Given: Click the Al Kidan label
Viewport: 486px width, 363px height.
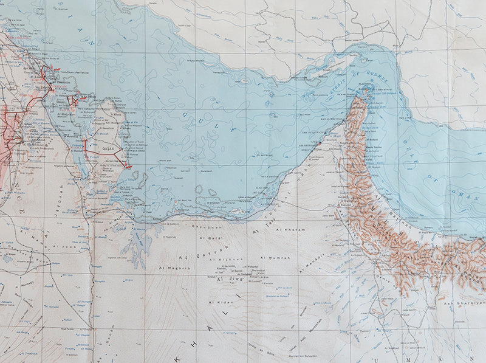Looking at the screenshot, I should click(x=217, y=302).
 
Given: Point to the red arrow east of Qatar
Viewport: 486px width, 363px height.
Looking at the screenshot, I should click(x=128, y=166).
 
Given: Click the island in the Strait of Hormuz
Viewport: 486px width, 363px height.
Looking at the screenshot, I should click(x=366, y=89).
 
